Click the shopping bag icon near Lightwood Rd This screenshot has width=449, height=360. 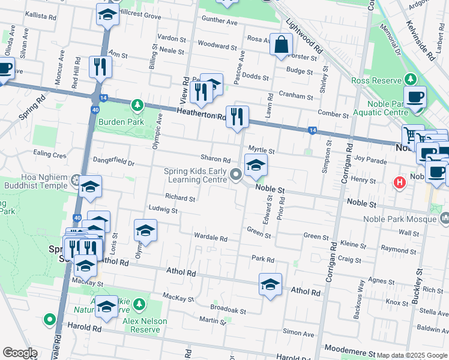click(x=281, y=44)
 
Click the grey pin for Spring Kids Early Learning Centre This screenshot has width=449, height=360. click(x=237, y=175)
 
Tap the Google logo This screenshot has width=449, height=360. click(x=20, y=353)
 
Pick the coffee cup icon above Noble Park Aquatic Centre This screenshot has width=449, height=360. click(x=415, y=97)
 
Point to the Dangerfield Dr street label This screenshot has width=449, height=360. click(x=113, y=161)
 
